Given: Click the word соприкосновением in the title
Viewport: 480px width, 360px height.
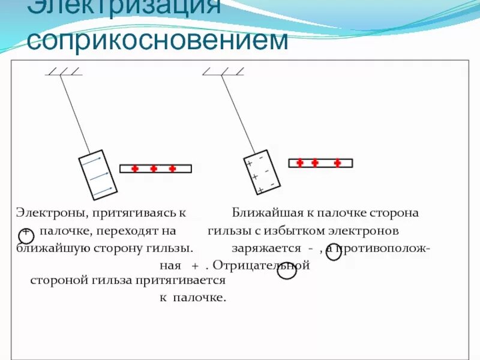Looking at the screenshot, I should (x=158, y=41).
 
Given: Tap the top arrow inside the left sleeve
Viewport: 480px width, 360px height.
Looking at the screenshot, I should (x=92, y=161).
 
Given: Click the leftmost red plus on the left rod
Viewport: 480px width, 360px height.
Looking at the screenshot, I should (x=135, y=169).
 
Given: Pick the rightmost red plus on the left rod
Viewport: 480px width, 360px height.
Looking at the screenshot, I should (x=173, y=169).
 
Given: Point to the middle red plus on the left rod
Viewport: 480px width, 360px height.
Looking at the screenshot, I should (x=154, y=169).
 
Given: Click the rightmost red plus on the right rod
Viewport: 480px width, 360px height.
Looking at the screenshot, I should (x=338, y=163).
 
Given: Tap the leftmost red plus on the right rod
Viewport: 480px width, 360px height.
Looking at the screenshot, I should (x=300, y=163).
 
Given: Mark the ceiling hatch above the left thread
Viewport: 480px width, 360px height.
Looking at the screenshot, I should (x=64, y=72).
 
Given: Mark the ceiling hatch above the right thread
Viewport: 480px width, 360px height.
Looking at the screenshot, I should (x=223, y=71).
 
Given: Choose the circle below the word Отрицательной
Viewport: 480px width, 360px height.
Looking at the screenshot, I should (x=287, y=271).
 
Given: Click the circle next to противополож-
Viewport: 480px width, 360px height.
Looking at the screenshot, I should (x=334, y=252).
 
